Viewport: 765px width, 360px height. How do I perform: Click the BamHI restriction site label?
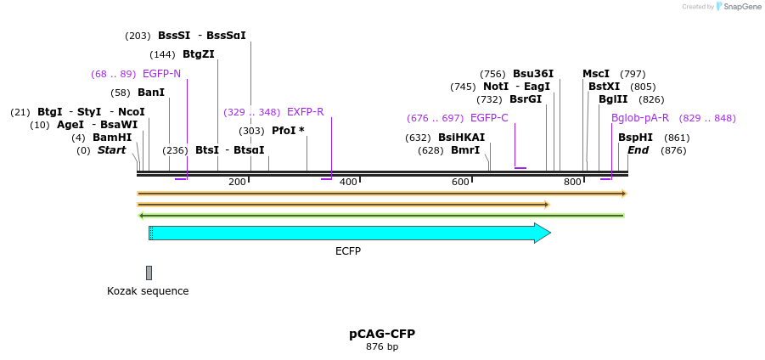112,138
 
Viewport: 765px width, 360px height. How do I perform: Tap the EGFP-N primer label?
161,74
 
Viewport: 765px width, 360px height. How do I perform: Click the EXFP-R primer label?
305,112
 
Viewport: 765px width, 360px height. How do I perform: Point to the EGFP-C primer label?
489,118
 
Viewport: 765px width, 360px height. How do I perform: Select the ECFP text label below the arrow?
348,251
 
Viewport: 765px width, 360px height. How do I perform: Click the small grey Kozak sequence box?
149,273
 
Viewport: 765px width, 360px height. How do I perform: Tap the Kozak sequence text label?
148,291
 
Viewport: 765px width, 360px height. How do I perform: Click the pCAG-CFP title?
382,334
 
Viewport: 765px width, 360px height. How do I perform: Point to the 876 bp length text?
382,346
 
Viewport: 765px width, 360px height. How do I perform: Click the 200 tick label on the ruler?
237,182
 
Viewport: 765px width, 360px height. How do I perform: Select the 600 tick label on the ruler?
460,182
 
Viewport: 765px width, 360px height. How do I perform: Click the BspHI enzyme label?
635,138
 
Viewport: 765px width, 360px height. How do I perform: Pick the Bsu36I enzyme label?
533,74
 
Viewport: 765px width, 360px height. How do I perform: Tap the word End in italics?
638,150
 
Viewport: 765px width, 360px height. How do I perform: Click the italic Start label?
111,150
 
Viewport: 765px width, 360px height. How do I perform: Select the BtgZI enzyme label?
199,54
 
